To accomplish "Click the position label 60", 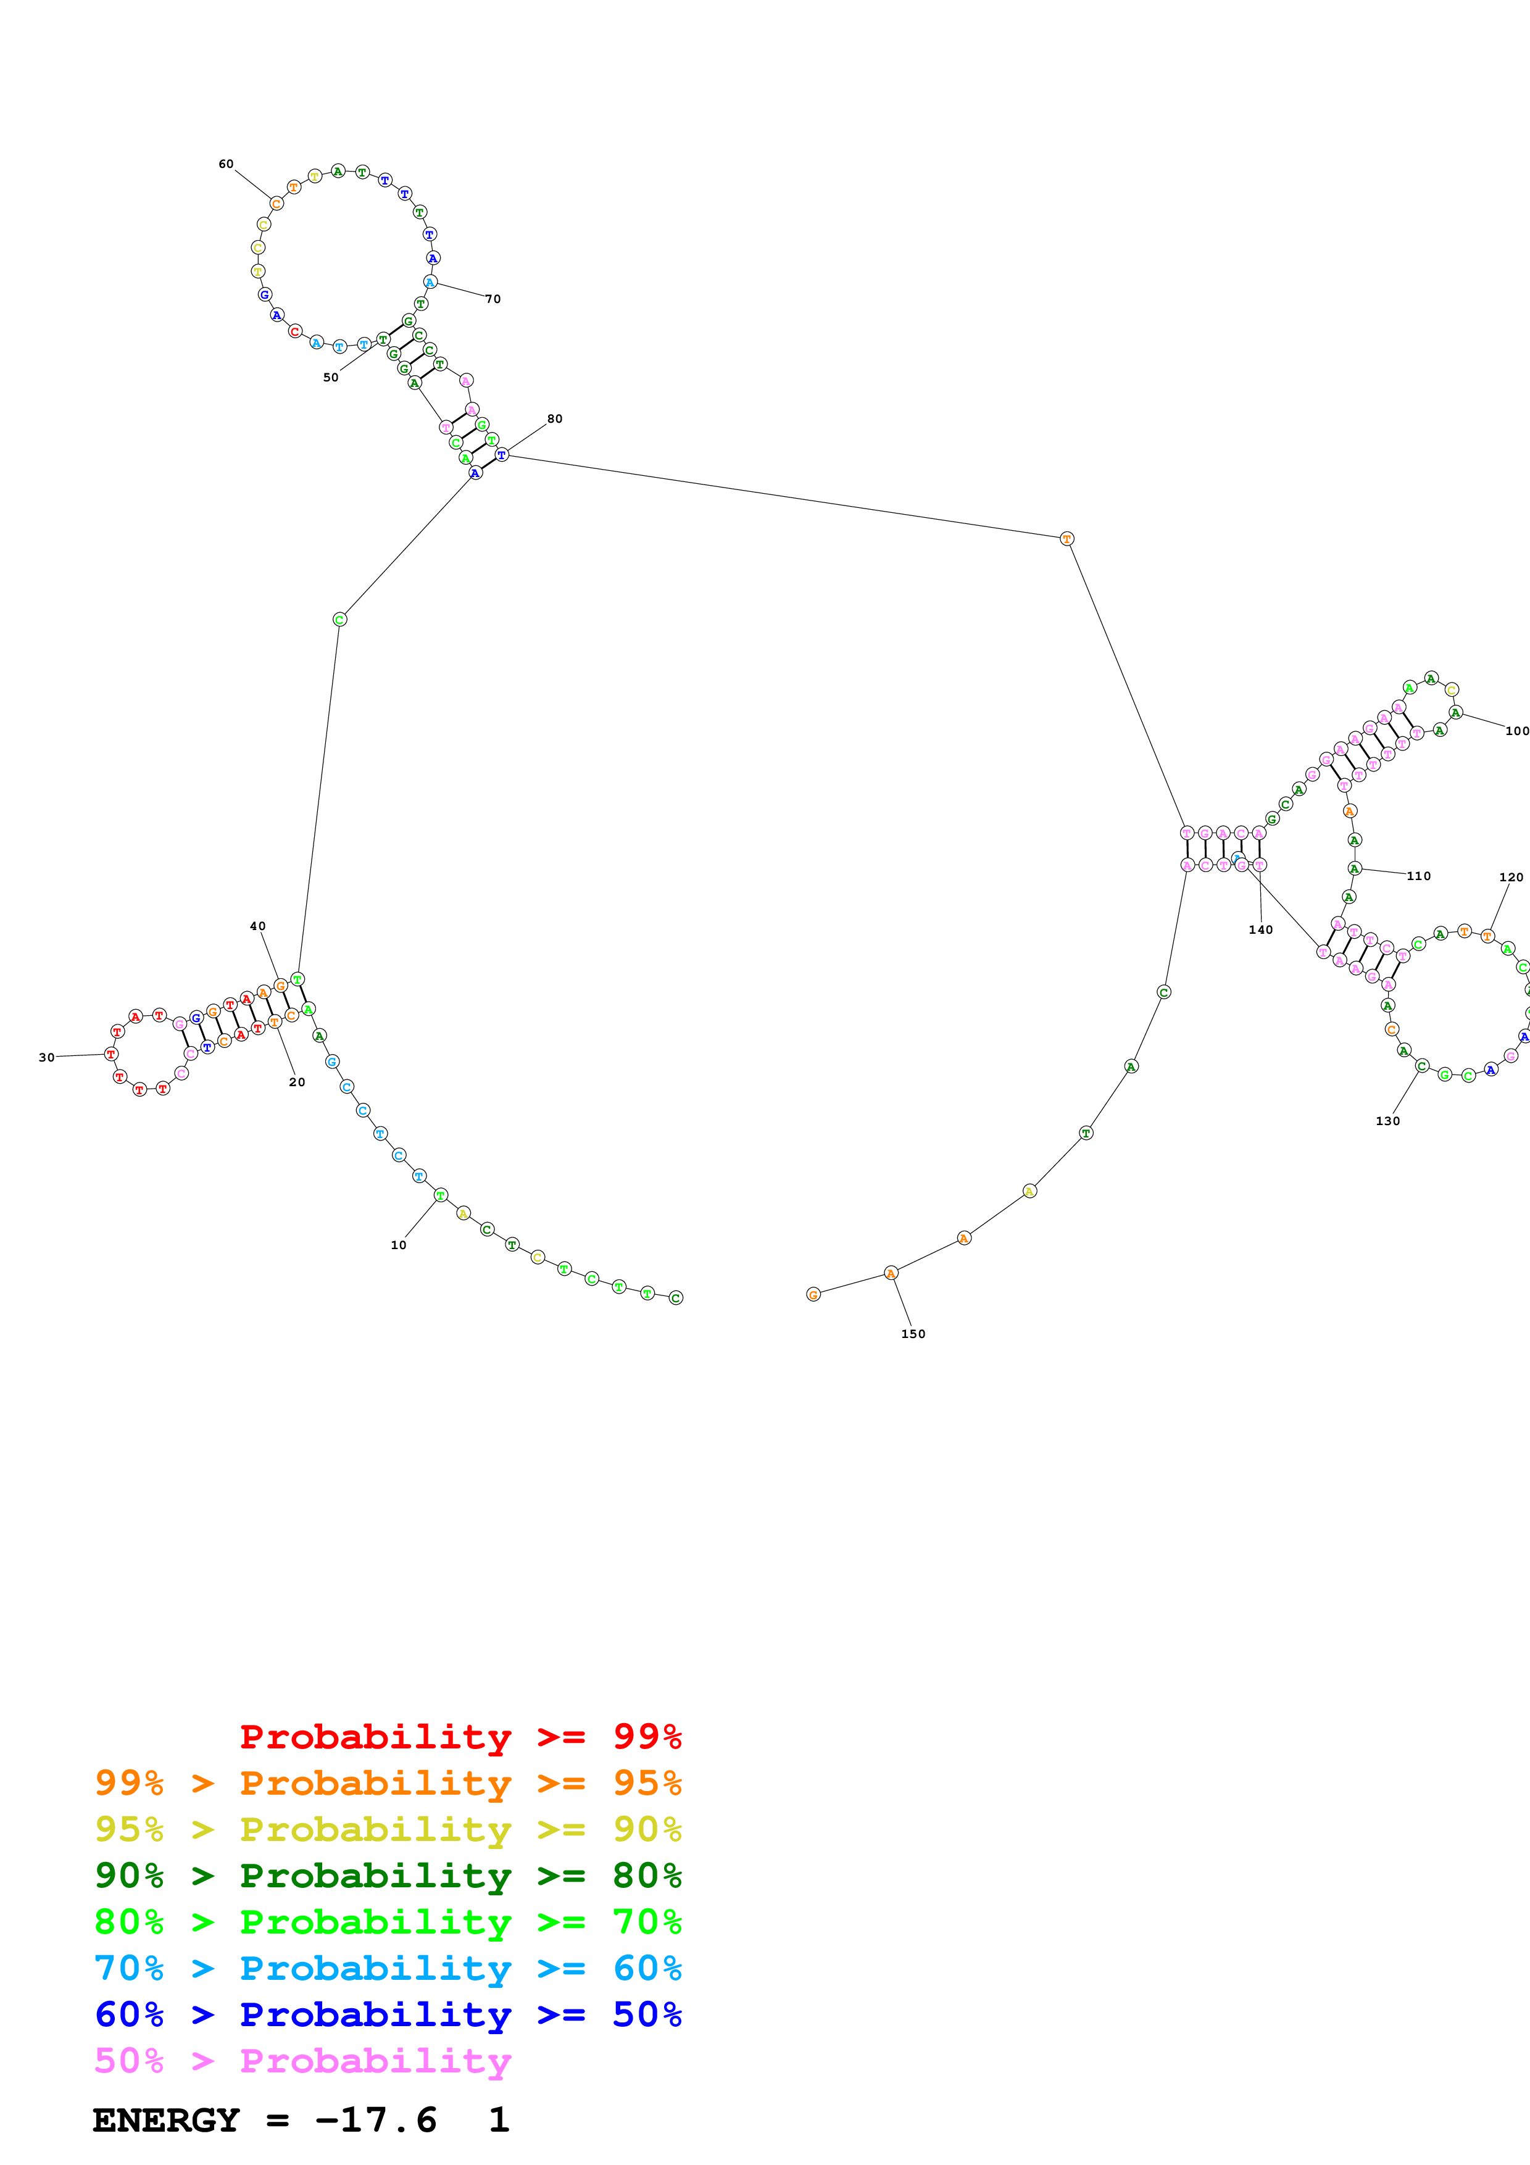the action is coord(227,164).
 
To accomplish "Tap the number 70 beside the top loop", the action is coord(493,299).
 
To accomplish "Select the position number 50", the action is coord(331,377).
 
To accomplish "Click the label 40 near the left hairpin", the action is coord(257,926).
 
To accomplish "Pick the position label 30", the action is coord(46,1057).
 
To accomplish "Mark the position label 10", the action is coord(399,1245).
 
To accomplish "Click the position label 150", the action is coord(913,1333).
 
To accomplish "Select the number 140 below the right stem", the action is coord(1260,929).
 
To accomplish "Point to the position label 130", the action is coord(1387,1121).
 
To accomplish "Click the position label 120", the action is coord(1510,877).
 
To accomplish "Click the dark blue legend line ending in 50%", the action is coord(388,2014).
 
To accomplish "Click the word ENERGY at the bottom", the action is coord(166,2121).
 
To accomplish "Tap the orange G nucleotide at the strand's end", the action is coord(813,1295).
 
